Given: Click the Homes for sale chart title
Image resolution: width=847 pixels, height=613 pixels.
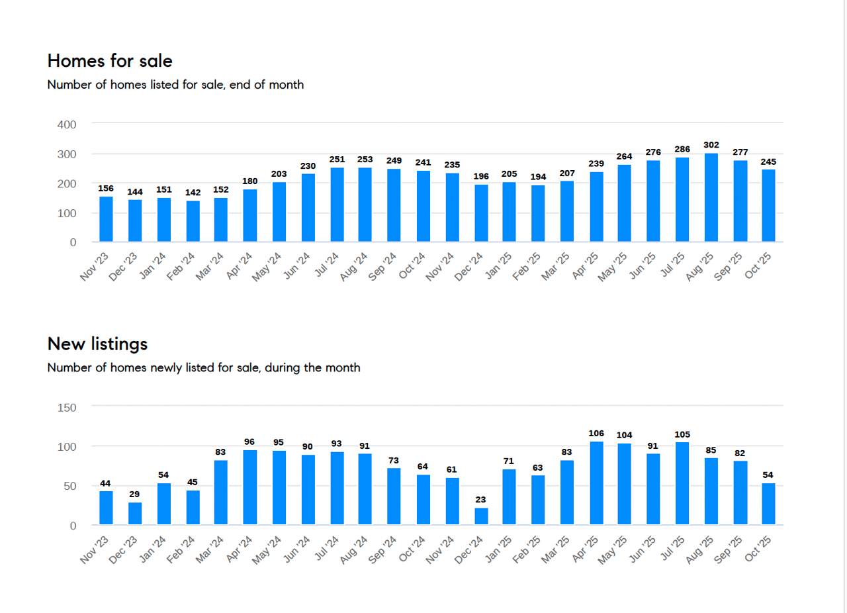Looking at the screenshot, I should point(110,61).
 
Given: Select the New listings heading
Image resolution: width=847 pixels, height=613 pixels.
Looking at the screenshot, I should point(97,344).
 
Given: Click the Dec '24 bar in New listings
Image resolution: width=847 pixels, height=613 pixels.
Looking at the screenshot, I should point(481,516).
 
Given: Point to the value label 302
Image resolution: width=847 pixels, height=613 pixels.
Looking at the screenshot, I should point(711,145).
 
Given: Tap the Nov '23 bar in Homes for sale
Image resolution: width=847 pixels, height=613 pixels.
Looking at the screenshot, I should point(106,219).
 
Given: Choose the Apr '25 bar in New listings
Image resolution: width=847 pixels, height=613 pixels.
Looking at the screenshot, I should point(596,483).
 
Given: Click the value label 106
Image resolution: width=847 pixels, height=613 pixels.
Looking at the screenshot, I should point(596,434).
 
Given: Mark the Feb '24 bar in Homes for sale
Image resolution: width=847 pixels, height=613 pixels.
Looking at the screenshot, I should point(193,221).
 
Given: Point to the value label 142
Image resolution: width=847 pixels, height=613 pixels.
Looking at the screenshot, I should point(193,193).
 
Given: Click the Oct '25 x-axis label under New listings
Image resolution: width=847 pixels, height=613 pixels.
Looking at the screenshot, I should point(759,549).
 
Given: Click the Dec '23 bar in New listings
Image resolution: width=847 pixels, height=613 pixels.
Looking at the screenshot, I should point(135,514).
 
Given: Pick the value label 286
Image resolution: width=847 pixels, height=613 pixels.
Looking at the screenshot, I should point(682,150).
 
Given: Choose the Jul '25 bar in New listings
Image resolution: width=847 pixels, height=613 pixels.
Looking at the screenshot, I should point(682,483).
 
